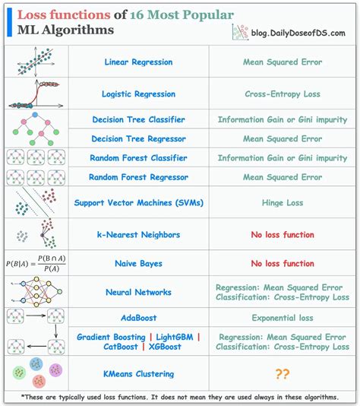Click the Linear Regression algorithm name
[x=138, y=62]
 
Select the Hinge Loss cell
[x=283, y=203]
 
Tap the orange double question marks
[x=283, y=374]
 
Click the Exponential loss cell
[x=283, y=318]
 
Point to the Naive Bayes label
[x=138, y=263]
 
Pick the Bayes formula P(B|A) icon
[x=35, y=263]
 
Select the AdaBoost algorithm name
[x=138, y=318]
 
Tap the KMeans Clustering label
[x=138, y=374]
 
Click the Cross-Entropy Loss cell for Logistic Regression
[x=283, y=94]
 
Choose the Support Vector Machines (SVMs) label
[x=138, y=203]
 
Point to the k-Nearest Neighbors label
[x=138, y=235]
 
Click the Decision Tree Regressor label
[x=138, y=139]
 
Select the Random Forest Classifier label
[x=138, y=158]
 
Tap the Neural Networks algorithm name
[x=138, y=292]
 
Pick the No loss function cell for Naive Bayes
[x=283, y=263]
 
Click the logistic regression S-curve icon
[x=35, y=93]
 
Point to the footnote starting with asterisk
[x=180, y=397]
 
